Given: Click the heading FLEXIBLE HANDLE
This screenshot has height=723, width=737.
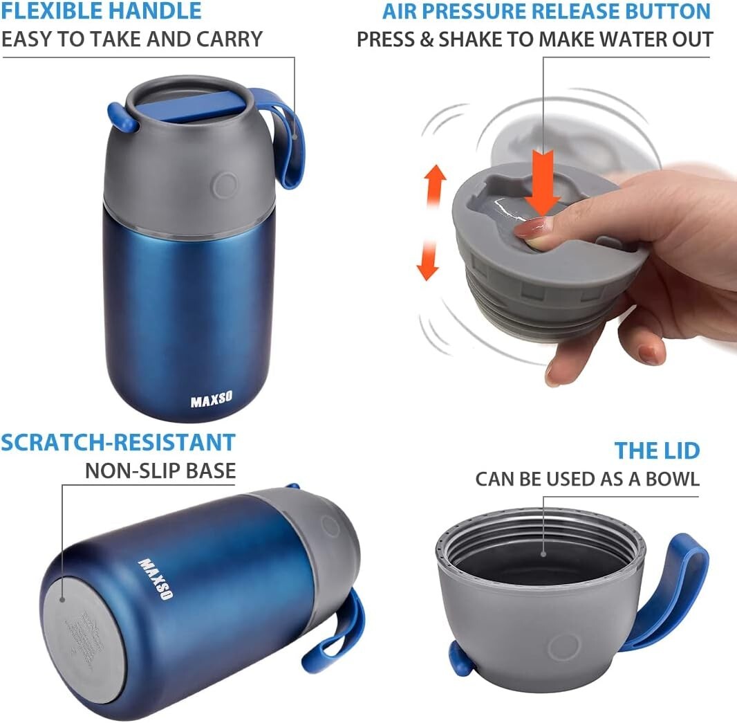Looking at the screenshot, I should pyautogui.click(x=101, y=11).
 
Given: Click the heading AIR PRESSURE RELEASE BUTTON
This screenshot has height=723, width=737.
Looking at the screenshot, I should pyautogui.click(x=546, y=11).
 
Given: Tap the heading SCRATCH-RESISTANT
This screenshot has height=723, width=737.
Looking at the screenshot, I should pyautogui.click(x=118, y=442).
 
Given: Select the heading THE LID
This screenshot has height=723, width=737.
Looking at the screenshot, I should pyautogui.click(x=657, y=451).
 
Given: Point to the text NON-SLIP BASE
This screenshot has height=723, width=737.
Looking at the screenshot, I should pyautogui.click(x=160, y=471).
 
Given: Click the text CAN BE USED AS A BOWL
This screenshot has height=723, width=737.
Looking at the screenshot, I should pyautogui.click(x=587, y=479).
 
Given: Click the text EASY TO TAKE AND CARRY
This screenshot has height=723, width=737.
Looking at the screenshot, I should pyautogui.click(x=131, y=39).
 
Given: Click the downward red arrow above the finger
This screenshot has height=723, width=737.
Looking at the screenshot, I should pyautogui.click(x=542, y=184).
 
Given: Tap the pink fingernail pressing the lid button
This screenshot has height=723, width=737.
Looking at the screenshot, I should pyautogui.click(x=528, y=227).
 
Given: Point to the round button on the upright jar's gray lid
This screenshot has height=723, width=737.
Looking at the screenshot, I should pyautogui.click(x=225, y=185).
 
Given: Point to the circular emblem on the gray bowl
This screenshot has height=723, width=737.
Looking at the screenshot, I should pyautogui.click(x=563, y=647).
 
